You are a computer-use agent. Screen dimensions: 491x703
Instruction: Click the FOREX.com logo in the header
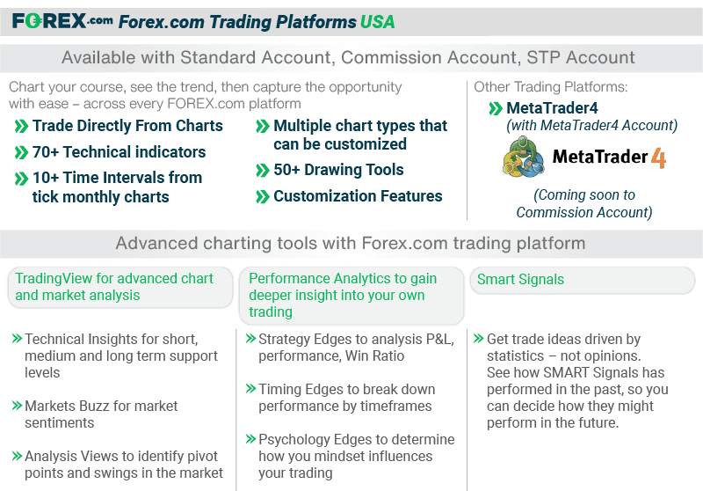pyautogui.click(x=62, y=20)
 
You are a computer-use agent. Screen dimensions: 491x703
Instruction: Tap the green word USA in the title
pyautogui.click(x=377, y=21)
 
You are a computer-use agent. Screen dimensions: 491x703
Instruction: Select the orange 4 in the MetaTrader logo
pyautogui.click(x=657, y=158)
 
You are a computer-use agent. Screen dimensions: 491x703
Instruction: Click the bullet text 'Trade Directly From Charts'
pyautogui.click(x=127, y=126)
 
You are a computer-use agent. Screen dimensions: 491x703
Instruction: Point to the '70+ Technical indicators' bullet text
pyautogui.click(x=119, y=151)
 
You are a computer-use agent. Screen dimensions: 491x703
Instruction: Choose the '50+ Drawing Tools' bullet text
pyautogui.click(x=338, y=170)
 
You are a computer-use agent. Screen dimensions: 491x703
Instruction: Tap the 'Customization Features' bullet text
pyautogui.click(x=358, y=196)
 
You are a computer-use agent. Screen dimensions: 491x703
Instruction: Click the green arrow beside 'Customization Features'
pyautogui.click(x=262, y=197)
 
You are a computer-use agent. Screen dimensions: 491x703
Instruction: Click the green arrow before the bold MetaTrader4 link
pyautogui.click(x=496, y=109)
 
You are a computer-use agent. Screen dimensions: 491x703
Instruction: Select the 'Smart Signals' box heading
pyautogui.click(x=520, y=279)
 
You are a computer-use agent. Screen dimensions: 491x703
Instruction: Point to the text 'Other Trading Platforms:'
pyautogui.click(x=550, y=87)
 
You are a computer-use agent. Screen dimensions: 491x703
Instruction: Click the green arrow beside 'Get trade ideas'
pyautogui.click(x=478, y=339)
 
